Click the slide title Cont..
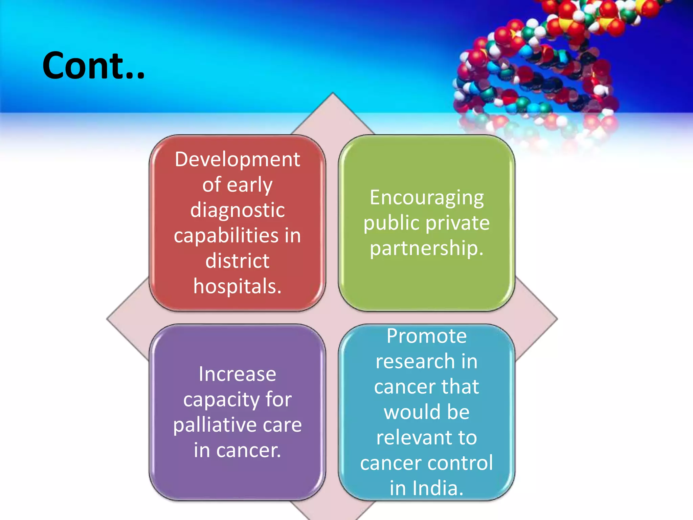coord(93,66)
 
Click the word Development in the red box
coord(237,159)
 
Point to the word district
coord(237,261)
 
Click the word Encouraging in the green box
coord(426,198)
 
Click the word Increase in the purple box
coord(237,374)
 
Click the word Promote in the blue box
coord(426,336)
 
